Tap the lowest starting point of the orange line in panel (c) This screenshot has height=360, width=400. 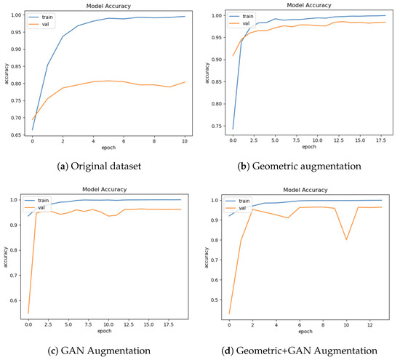(28, 313)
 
